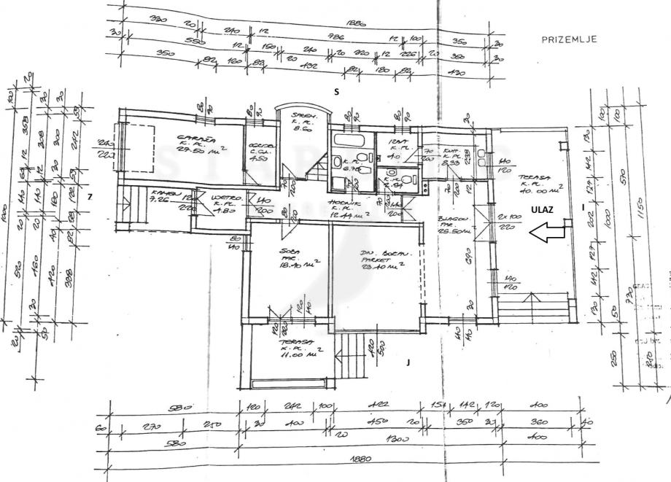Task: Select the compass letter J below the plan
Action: [x=410, y=360]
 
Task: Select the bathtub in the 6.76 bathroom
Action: [x=350, y=140]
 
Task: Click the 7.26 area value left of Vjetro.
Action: [x=159, y=198]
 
